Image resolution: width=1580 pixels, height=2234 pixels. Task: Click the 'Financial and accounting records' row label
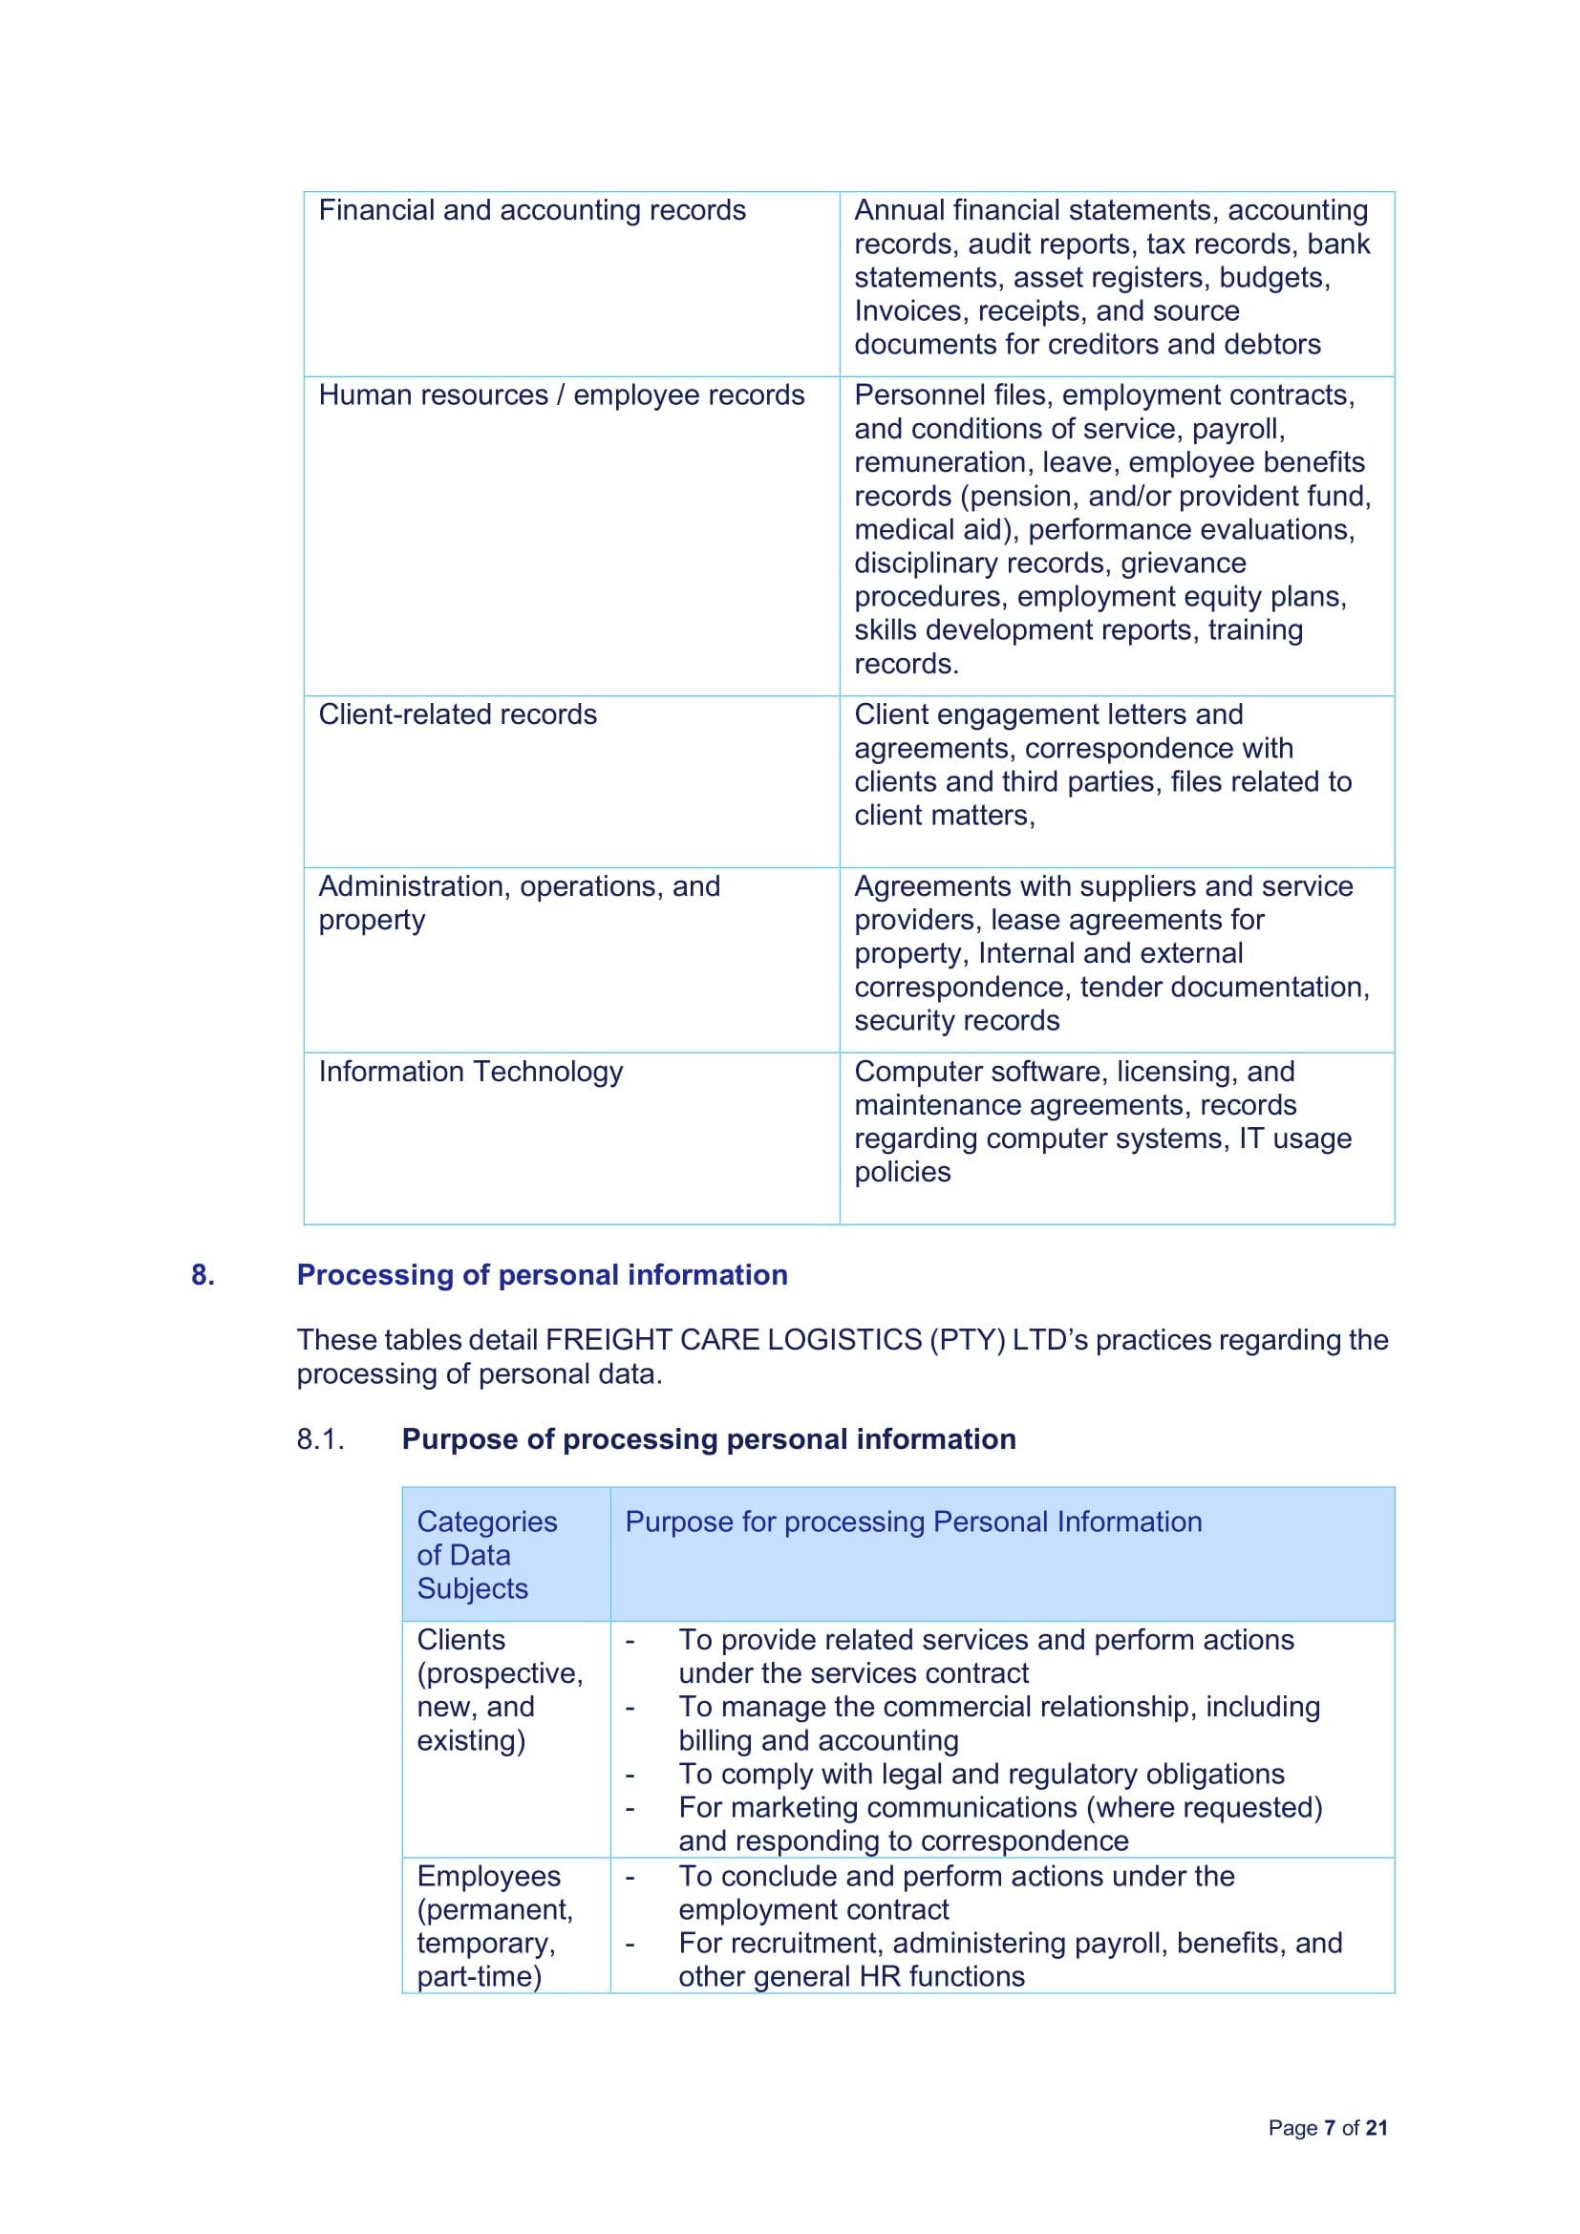531,210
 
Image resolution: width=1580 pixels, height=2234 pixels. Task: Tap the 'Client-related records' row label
458,714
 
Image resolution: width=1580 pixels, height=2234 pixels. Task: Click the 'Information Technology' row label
470,1072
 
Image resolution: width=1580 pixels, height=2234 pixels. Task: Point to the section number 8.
203,1275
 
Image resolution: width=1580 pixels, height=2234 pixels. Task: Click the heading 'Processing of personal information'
542,1275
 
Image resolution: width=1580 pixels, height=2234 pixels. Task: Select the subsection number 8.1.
321,1439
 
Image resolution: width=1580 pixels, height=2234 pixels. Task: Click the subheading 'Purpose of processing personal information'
708,1439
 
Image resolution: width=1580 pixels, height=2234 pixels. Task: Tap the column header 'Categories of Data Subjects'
486,1554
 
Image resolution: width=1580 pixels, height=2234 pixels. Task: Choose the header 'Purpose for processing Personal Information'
912,1521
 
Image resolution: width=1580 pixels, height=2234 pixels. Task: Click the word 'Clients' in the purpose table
461,1640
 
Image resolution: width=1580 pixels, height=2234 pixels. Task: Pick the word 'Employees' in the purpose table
488,1876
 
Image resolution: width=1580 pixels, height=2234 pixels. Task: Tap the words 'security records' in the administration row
956,1021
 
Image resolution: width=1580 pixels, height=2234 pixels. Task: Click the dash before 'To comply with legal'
630,1776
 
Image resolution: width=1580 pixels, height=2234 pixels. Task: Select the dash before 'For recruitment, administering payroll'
630,1945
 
